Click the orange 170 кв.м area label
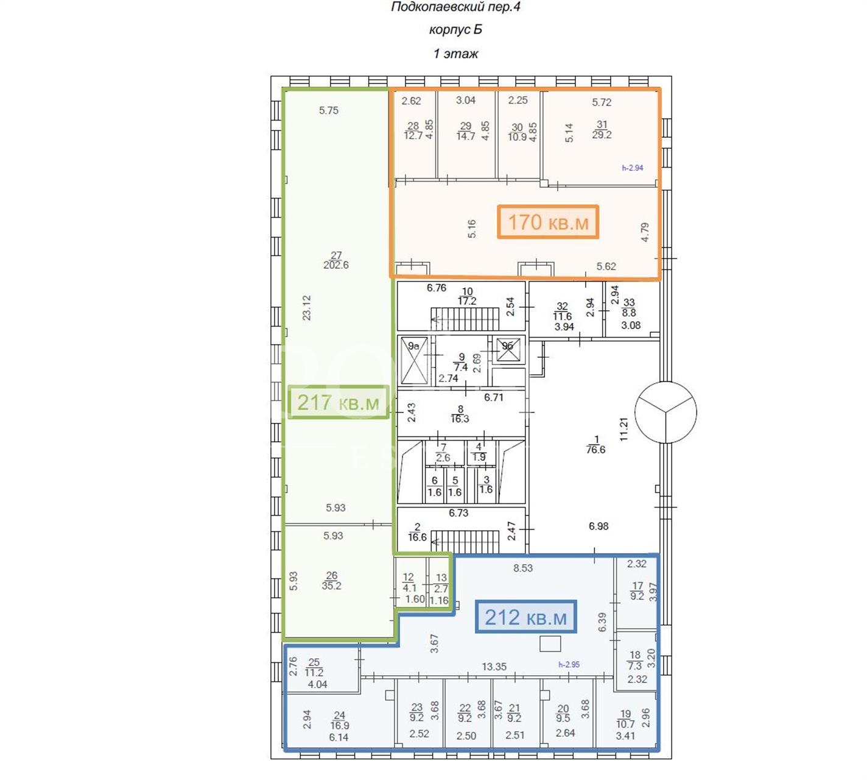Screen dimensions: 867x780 [x=548, y=222]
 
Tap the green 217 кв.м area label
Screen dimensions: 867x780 [x=339, y=402]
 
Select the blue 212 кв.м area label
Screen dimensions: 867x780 [x=526, y=617]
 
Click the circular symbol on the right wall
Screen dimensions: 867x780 [x=665, y=412]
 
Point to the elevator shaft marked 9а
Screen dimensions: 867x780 [x=414, y=361]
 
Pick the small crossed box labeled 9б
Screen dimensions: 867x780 [x=508, y=349]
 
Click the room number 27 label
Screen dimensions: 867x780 [x=336, y=255]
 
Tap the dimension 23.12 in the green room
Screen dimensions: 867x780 [x=306, y=308]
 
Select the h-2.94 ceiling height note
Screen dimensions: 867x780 [x=633, y=168]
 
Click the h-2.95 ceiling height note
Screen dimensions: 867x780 [x=569, y=664]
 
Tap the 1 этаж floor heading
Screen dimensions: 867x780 [x=455, y=54]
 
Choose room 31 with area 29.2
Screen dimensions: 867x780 [x=602, y=129]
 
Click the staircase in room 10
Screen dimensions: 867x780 [x=465, y=319]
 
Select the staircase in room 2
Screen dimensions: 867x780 [x=465, y=542]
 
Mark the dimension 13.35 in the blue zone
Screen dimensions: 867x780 [x=494, y=666]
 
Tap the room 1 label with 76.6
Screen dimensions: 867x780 [x=595, y=445]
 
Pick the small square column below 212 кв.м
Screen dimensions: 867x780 [x=550, y=643]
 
